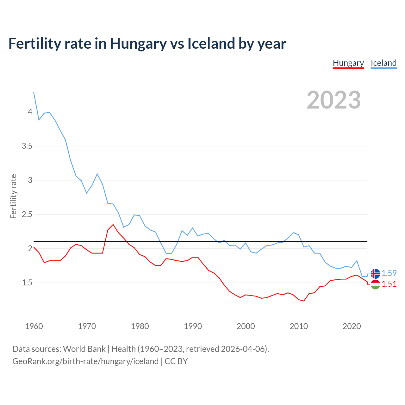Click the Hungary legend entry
pos(348,63)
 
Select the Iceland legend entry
pos(383,63)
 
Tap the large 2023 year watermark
pos(334,100)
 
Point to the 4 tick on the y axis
pos(30,112)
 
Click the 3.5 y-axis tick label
pos(27,146)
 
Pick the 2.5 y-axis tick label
pos(27,215)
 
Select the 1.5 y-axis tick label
pos(27,283)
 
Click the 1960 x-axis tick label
pos(34,326)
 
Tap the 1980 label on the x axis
pos(140,326)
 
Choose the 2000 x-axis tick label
pos(246,326)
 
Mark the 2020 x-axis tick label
pos(352,326)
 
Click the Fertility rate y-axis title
pos(13,196)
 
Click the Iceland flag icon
pos(375,273)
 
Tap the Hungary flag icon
pos(375,284)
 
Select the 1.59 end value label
pos(389,273)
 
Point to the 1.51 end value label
pos(389,284)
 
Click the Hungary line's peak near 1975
pos(113,225)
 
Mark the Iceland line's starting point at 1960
pos(34,92)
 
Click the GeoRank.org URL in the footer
pos(85,361)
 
